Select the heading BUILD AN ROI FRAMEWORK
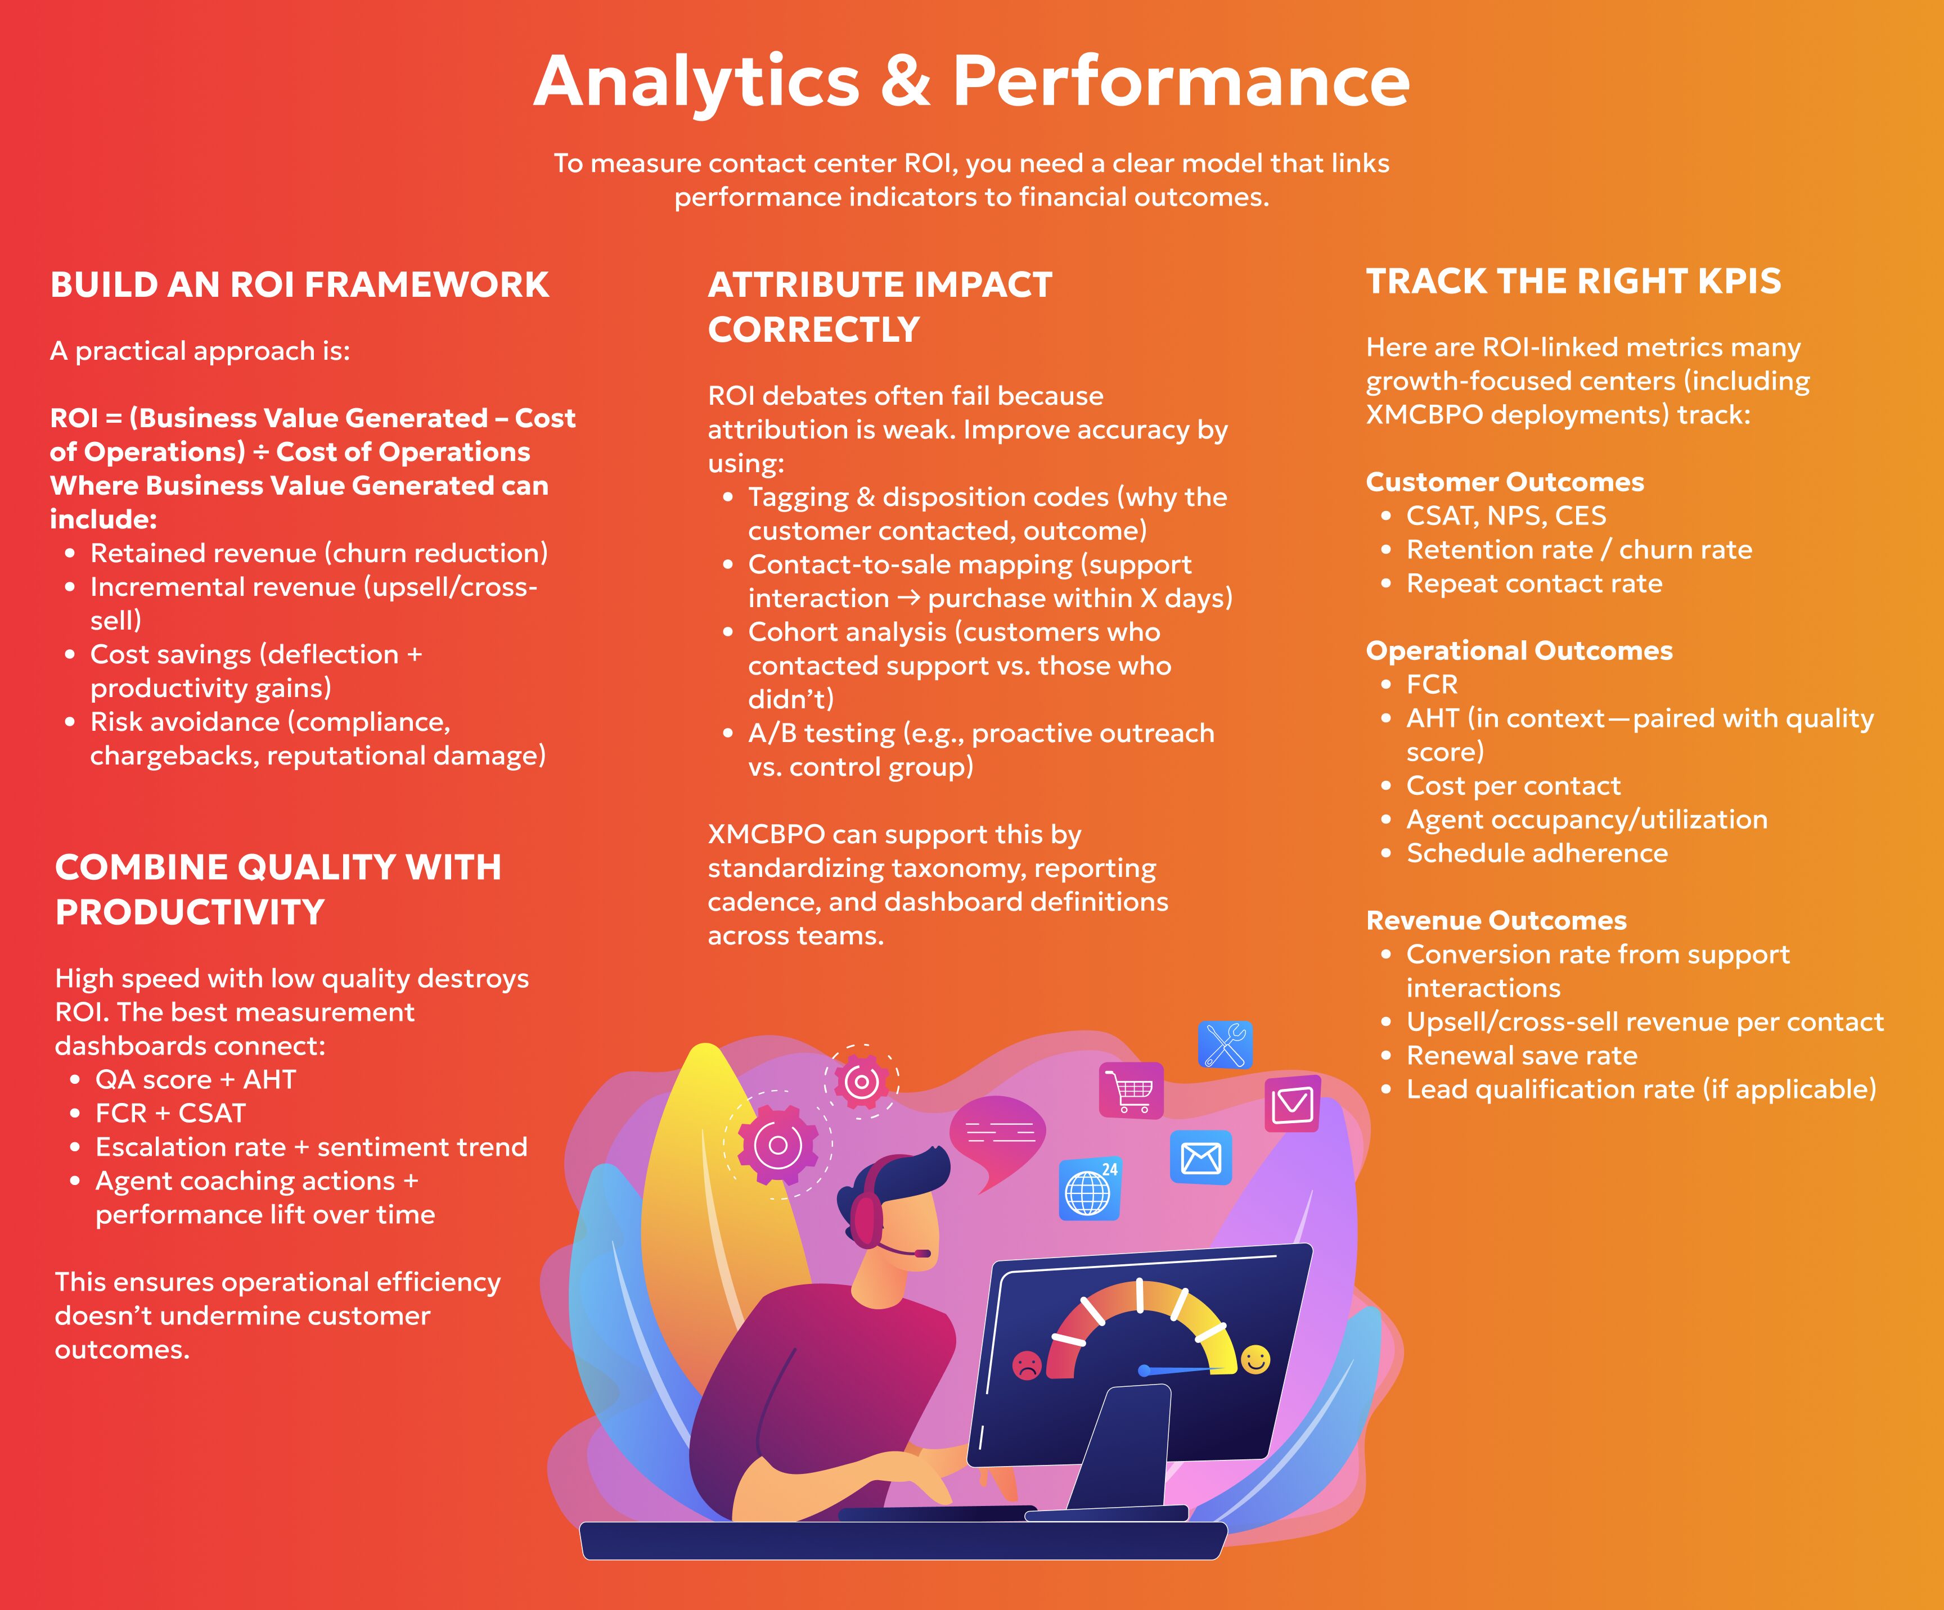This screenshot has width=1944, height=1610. [300, 284]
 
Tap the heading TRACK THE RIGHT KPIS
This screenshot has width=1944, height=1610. [1574, 281]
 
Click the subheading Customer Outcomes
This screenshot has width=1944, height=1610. [1505, 482]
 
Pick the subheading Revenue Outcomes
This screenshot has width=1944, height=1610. [1496, 921]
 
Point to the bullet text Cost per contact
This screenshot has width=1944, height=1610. [1514, 785]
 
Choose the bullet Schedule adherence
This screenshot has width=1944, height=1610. [1537, 853]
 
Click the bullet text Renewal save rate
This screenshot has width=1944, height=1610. [1522, 1056]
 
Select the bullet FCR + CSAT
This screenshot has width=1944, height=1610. [170, 1113]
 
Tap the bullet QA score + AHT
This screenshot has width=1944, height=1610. [195, 1080]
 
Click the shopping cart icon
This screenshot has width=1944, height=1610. [1131, 1090]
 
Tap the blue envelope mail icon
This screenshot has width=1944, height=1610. [1200, 1157]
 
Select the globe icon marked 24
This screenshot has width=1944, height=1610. [1090, 1189]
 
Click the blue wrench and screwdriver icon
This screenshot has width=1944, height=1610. [1226, 1044]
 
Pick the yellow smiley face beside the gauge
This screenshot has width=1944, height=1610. [1256, 1359]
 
